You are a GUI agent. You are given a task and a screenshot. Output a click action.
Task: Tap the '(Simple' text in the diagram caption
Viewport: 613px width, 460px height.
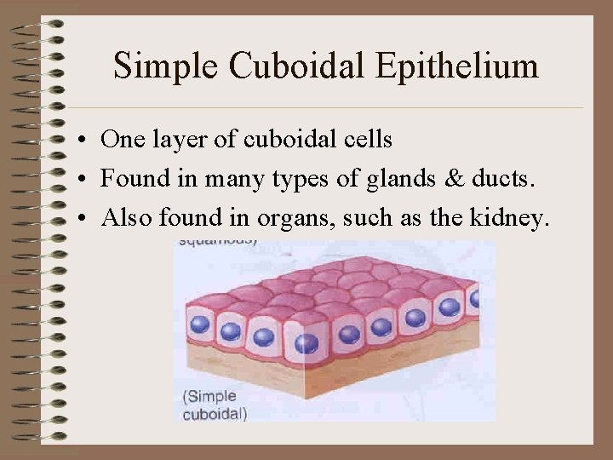[x=209, y=397]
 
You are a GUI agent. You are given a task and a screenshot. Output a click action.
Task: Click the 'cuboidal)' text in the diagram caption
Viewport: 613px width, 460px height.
[x=215, y=415]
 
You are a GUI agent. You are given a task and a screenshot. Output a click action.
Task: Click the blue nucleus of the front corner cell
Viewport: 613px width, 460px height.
[x=306, y=342]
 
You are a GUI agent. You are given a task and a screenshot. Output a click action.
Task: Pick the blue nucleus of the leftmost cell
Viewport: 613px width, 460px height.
[x=200, y=325]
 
